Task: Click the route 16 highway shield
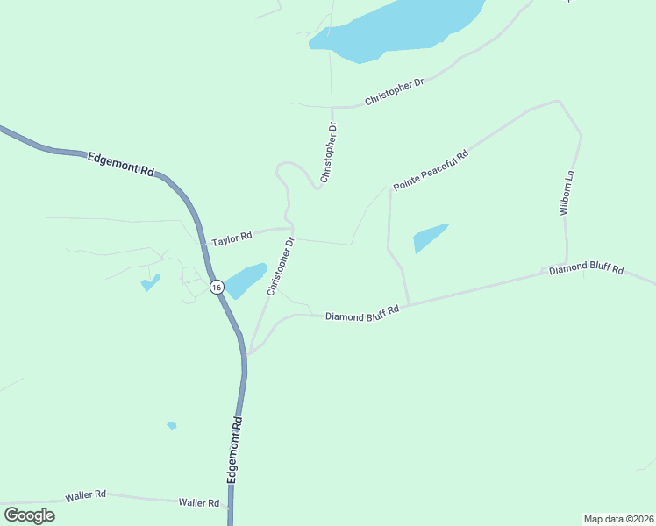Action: (x=216, y=287)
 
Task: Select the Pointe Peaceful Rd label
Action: (x=431, y=170)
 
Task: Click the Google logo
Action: (x=30, y=515)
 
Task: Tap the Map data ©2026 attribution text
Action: (x=618, y=519)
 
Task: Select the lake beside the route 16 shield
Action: (x=245, y=280)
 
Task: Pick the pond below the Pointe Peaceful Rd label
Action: (x=429, y=238)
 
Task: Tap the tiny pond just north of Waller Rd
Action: (x=172, y=425)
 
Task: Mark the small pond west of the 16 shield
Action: (x=151, y=282)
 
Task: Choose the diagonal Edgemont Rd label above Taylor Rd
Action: (x=121, y=164)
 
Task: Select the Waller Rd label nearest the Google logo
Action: (x=85, y=496)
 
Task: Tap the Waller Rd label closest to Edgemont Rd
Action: (x=198, y=502)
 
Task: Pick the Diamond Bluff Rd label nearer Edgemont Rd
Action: (x=362, y=313)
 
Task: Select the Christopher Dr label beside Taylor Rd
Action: (x=282, y=266)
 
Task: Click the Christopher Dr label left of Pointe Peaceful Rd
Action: (x=328, y=153)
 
